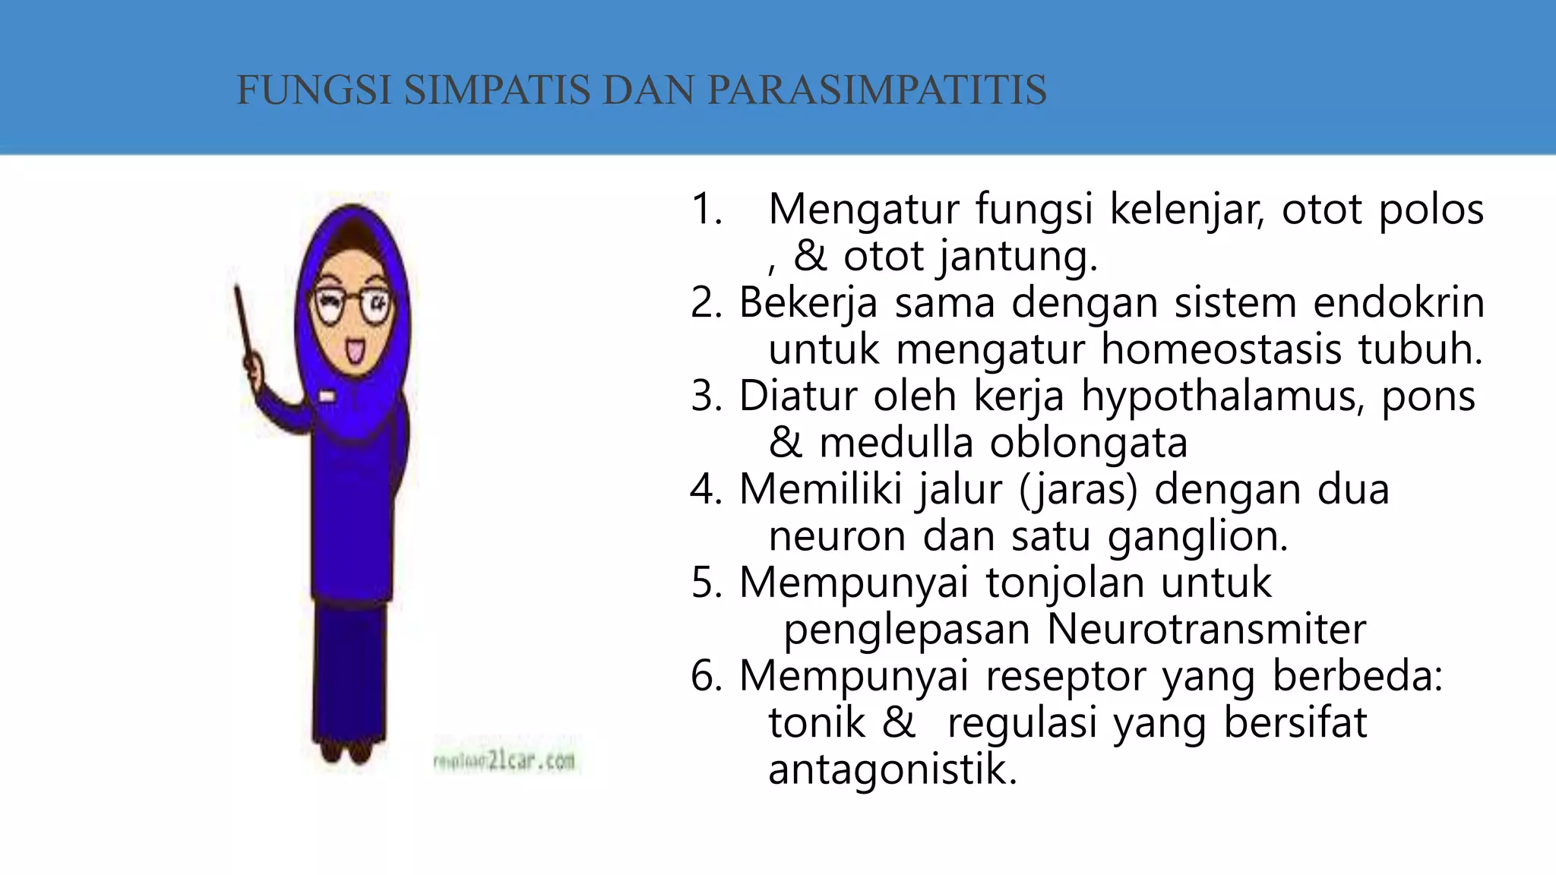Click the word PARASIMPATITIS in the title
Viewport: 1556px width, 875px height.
click(877, 90)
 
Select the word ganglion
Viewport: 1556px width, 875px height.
click(1197, 537)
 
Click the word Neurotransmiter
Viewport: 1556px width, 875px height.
click(1207, 630)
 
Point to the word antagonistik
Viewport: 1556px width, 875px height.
click(892, 769)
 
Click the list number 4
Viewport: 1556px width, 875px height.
click(705, 489)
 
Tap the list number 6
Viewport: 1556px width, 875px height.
click(705, 675)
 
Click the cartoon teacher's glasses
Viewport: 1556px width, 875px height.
click(351, 306)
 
